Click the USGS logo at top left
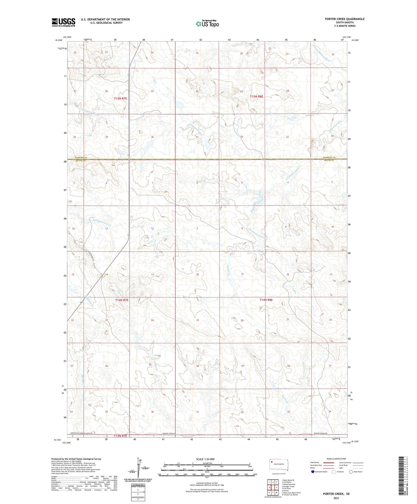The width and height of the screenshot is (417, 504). click(63, 22)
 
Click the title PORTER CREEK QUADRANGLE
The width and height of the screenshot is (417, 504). click(345, 19)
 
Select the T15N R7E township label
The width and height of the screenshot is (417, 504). click(120, 98)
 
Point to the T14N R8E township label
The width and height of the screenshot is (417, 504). click(266, 300)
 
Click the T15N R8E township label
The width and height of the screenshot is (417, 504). click(256, 96)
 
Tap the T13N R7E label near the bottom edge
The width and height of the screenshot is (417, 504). click(120, 436)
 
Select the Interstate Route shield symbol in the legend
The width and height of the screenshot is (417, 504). click(313, 471)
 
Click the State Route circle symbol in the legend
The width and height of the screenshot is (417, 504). click(351, 471)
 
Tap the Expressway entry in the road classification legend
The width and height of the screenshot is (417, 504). click(316, 463)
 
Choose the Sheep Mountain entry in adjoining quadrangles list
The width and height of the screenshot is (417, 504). click(289, 484)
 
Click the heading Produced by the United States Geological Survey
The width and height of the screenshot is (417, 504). click(76, 459)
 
